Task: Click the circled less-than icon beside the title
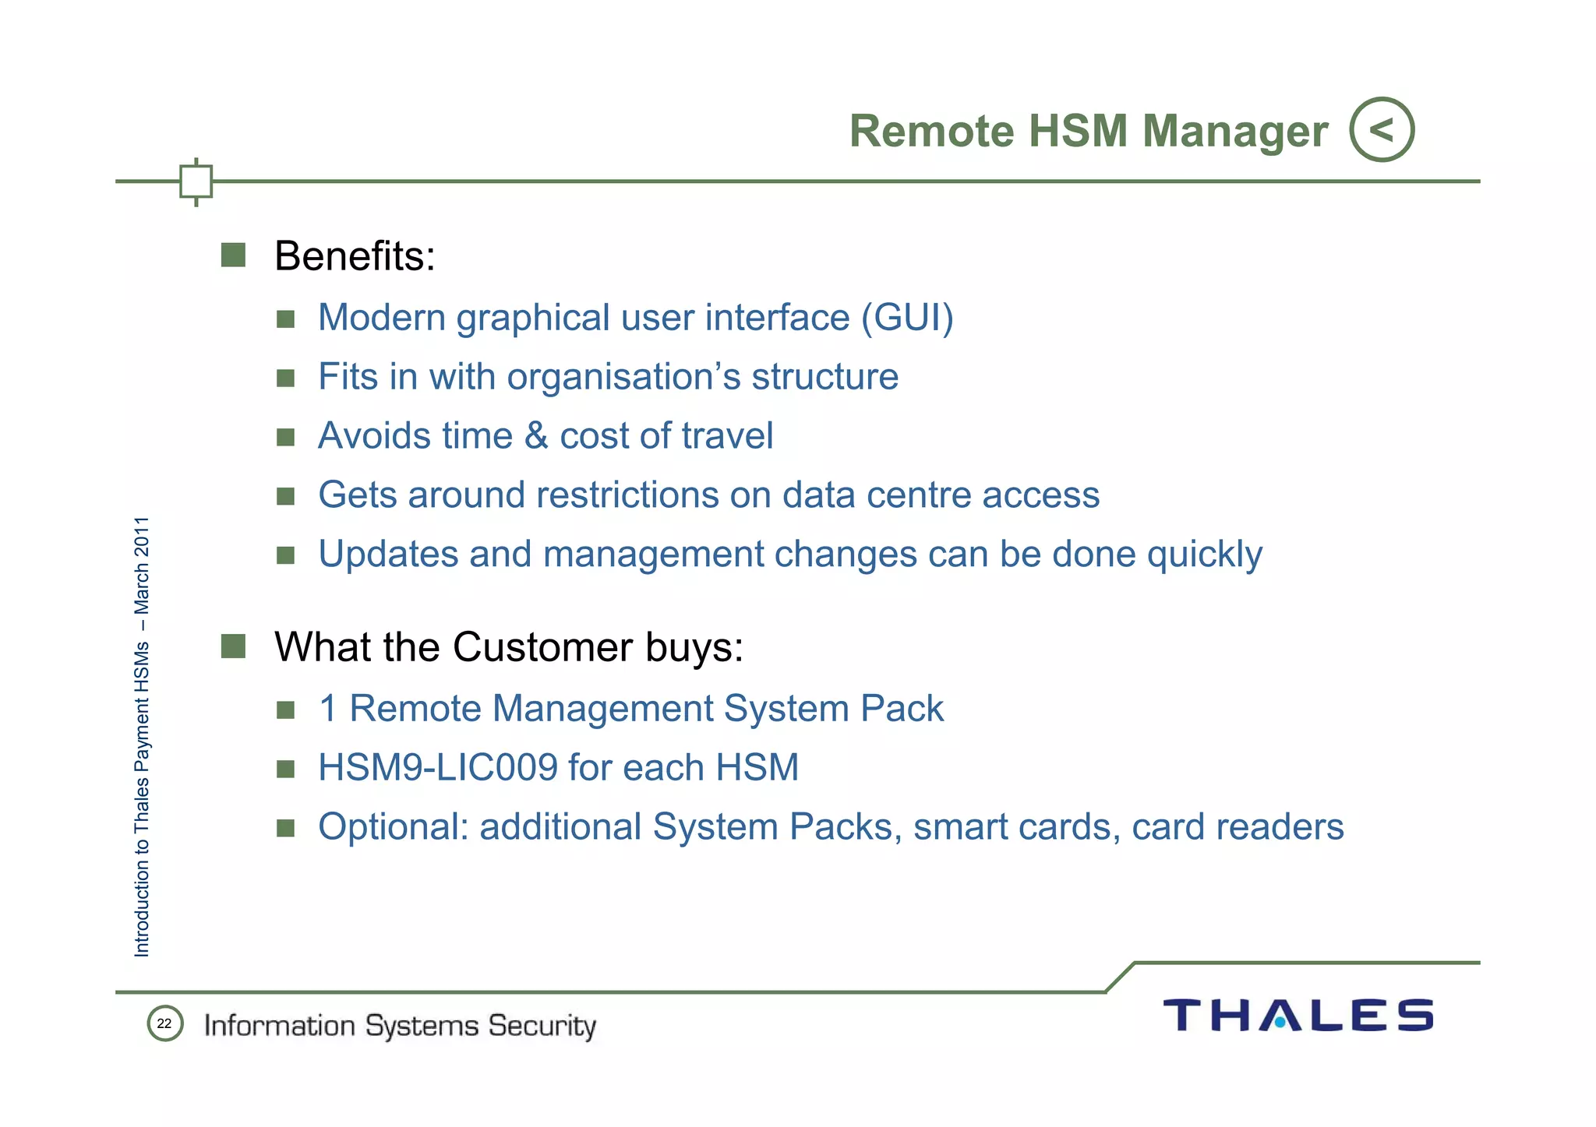click(1381, 129)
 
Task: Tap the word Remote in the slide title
click(931, 131)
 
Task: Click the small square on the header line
click(196, 181)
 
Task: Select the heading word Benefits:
click(355, 255)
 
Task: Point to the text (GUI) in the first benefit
click(907, 318)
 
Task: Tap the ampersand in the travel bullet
click(536, 435)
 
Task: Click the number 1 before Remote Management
click(328, 709)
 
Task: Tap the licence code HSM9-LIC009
click(437, 768)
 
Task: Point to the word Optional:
click(393, 827)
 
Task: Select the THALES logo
click(1298, 1015)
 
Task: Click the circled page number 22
click(164, 1023)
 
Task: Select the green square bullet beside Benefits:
click(233, 255)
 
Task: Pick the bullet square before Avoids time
click(285, 436)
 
